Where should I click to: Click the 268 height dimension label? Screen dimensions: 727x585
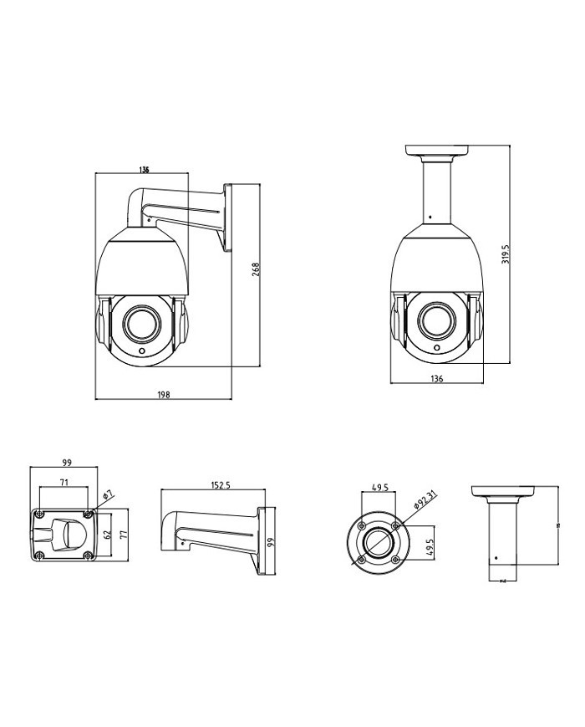click(257, 270)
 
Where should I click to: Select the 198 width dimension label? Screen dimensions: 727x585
click(163, 394)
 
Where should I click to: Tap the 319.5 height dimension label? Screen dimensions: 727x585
click(506, 253)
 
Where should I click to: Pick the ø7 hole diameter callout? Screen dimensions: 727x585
click(106, 496)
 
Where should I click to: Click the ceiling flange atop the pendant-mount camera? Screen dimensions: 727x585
click(436, 151)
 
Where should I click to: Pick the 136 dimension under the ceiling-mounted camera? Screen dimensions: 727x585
click(436, 378)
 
